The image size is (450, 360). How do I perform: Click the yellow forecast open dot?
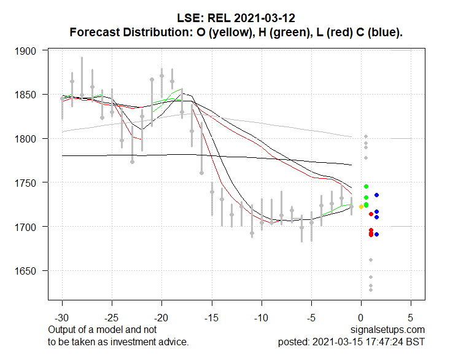click(x=361, y=206)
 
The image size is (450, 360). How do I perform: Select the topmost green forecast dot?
click(x=366, y=186)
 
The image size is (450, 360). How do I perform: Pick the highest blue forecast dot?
click(x=376, y=195)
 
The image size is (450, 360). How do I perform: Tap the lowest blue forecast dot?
click(x=376, y=234)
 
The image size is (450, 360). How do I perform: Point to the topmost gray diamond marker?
click(x=366, y=136)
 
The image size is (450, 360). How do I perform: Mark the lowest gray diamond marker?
click(x=371, y=289)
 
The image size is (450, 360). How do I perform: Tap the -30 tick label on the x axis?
click(x=62, y=318)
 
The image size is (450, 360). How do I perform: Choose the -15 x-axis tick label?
click(x=212, y=318)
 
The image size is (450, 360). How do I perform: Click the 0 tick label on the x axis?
click(x=361, y=318)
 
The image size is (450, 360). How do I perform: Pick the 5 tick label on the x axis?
click(x=411, y=318)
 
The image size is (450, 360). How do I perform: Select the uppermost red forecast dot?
click(x=371, y=214)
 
